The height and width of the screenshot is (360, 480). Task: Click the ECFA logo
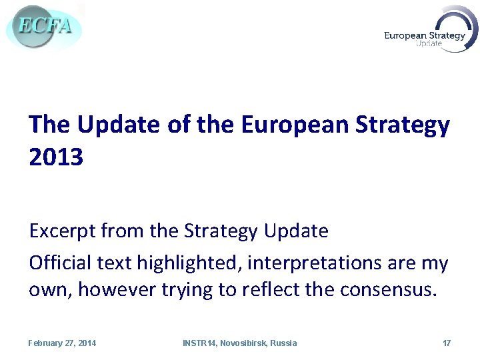(x=43, y=27)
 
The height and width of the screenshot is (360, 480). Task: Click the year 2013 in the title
(x=56, y=158)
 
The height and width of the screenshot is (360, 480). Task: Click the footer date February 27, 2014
(x=62, y=343)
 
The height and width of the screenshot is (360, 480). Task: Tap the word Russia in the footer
(x=283, y=343)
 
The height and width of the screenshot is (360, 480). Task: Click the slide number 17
(x=447, y=343)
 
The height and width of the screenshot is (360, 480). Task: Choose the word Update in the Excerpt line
(x=296, y=231)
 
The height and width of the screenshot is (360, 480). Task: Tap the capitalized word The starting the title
(x=50, y=125)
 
